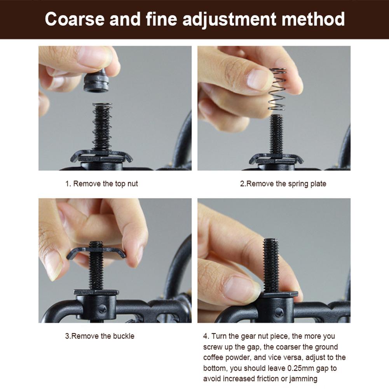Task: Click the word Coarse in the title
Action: pos(75,19)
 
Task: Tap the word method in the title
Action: pos(313,19)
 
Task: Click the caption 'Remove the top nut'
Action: pos(105,184)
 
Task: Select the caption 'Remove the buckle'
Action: pos(103,336)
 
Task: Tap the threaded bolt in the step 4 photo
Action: pos(271,265)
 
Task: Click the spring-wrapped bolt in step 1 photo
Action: pos(102,127)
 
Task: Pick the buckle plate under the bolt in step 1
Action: pos(101,156)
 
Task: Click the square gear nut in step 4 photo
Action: pos(279,295)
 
